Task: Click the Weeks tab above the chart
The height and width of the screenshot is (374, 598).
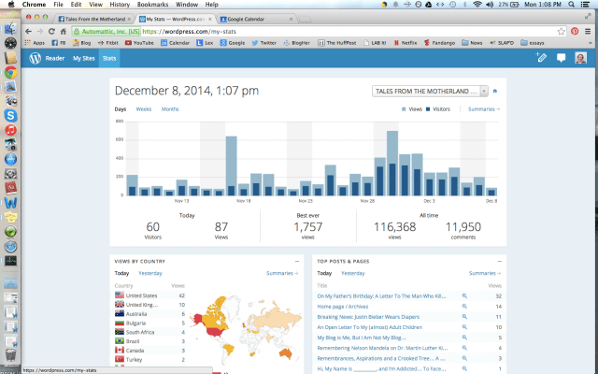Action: click(144, 109)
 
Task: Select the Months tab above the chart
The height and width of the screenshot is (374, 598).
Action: click(170, 109)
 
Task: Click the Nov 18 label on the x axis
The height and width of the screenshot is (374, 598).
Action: click(243, 200)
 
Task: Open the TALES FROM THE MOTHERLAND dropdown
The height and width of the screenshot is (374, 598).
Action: click(430, 91)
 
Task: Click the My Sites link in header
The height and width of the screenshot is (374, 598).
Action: click(84, 58)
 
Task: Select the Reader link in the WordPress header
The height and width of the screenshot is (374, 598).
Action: click(55, 58)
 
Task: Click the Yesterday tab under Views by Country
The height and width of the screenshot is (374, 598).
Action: click(150, 273)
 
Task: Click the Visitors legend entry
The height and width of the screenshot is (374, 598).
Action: click(442, 109)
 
